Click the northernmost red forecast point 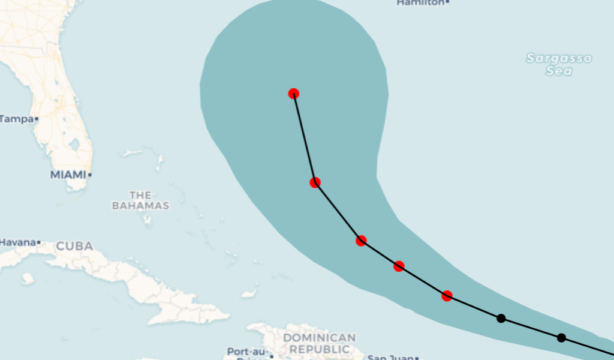(294, 93)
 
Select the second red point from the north (315, 182)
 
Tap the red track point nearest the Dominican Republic (447, 296)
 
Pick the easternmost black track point (561, 338)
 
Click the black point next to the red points (501, 318)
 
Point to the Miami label (68, 175)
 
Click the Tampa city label (17, 119)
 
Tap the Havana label (17, 242)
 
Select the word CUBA (74, 246)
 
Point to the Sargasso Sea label (559, 64)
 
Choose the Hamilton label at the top (421, 3)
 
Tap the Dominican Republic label (319, 343)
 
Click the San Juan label (390, 358)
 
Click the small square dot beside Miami (90, 175)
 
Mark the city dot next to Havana (39, 242)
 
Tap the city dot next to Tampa (37, 119)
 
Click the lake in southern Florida (74, 145)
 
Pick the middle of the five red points (361, 241)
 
